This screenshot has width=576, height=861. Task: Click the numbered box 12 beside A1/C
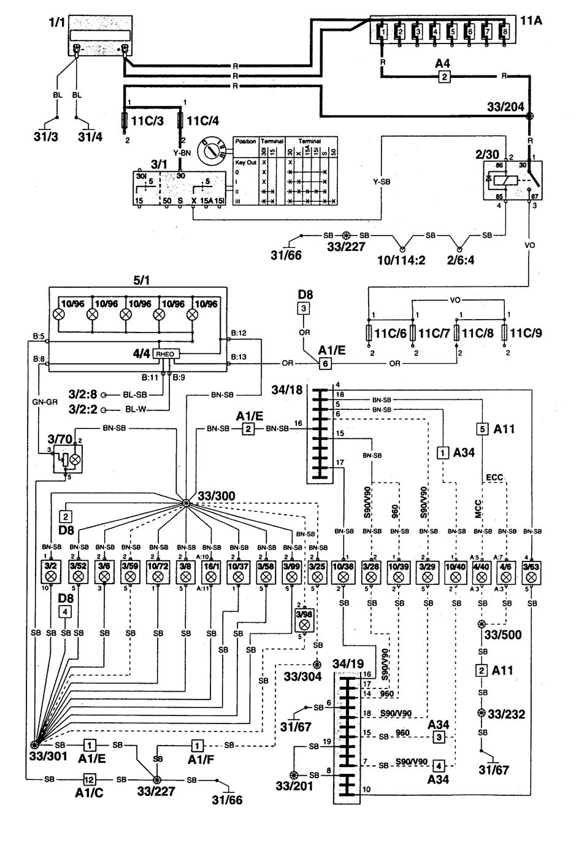coord(89,779)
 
